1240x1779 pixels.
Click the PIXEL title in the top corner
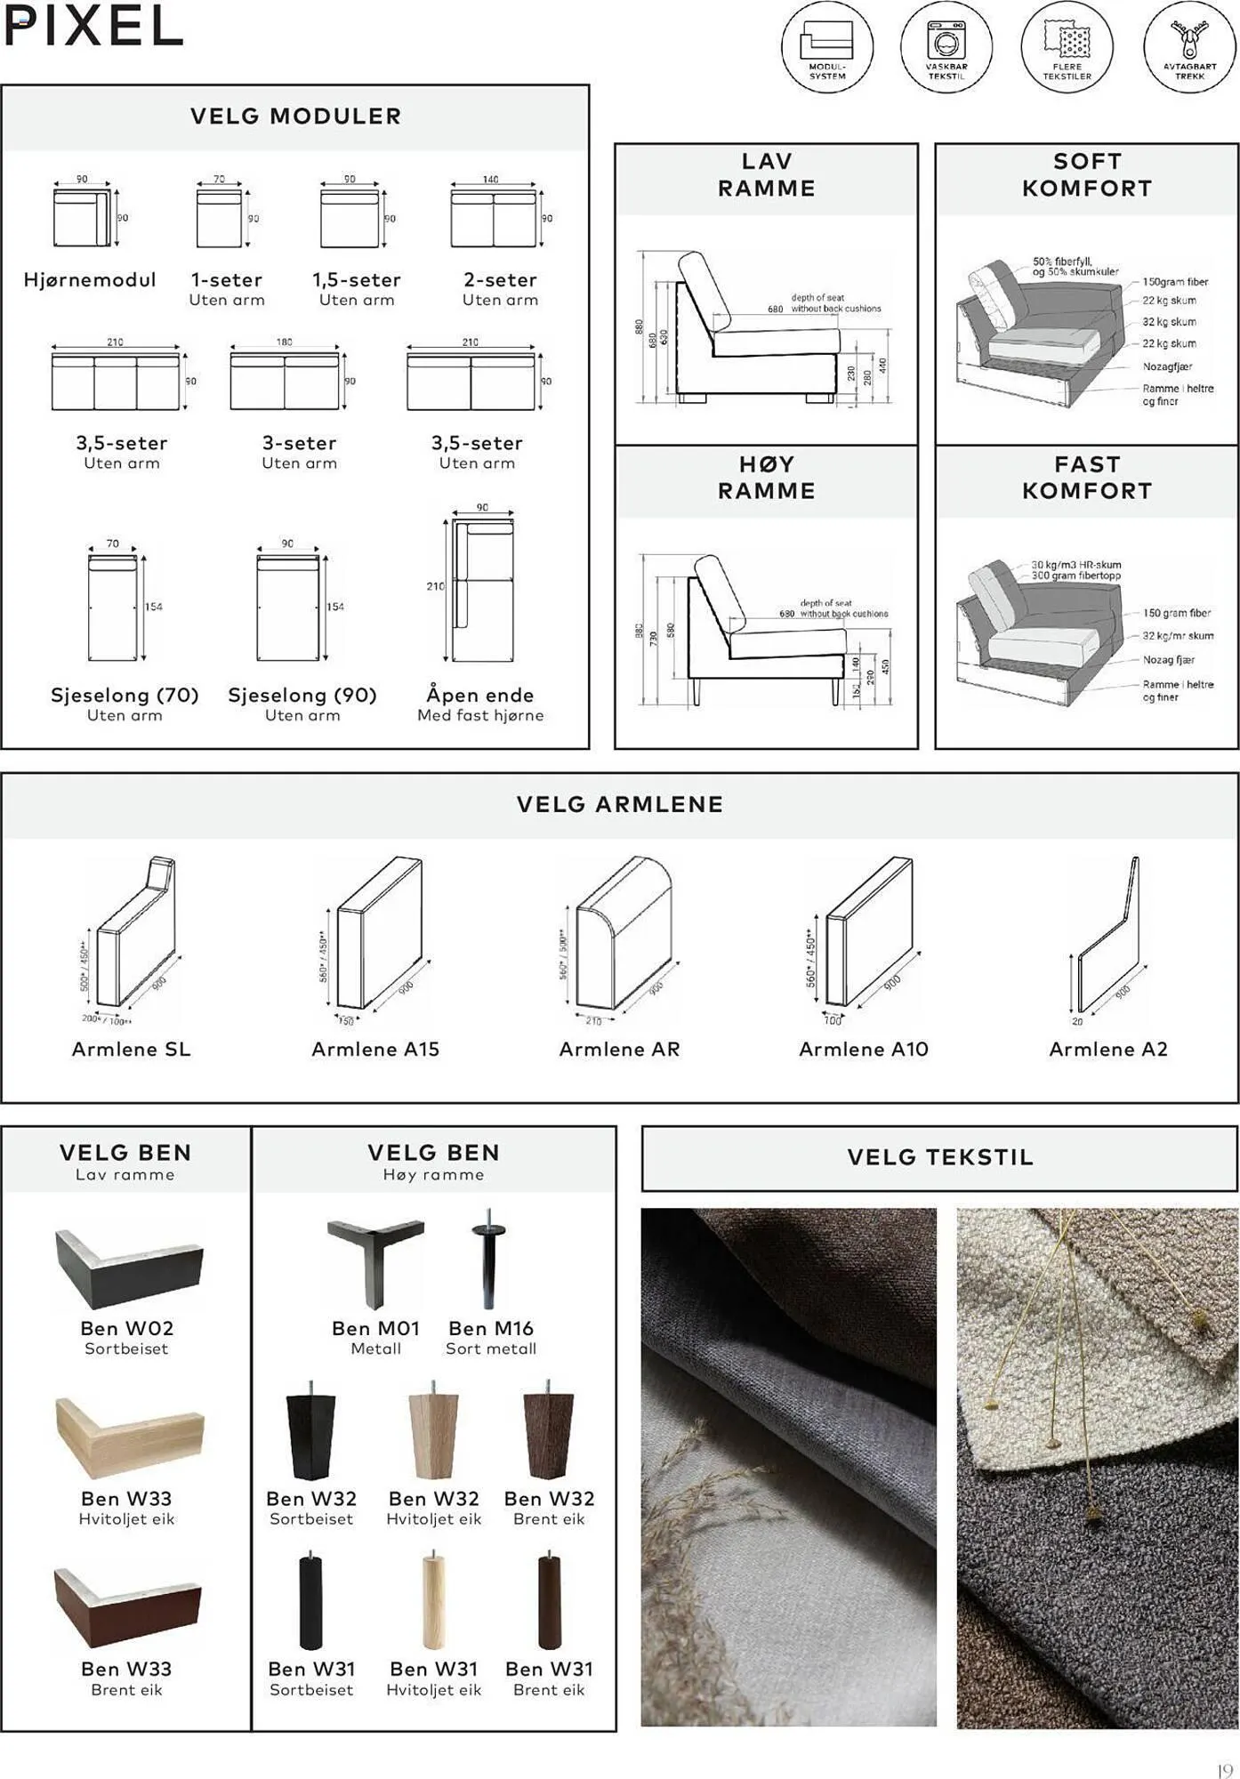(x=93, y=27)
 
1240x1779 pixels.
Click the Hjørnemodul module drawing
(x=82, y=217)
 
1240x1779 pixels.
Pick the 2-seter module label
(x=500, y=280)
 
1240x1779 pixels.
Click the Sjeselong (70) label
(x=125, y=696)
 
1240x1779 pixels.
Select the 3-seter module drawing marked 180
(x=285, y=381)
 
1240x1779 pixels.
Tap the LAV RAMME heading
(x=766, y=175)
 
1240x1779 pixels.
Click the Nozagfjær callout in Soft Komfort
(x=1167, y=366)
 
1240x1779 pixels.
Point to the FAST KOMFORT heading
(x=1086, y=478)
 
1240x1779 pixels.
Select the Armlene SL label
(x=131, y=1050)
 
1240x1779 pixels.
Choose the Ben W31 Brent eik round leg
(x=549, y=1602)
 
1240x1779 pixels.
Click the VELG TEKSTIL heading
(x=939, y=1158)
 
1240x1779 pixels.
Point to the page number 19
(x=1224, y=1771)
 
